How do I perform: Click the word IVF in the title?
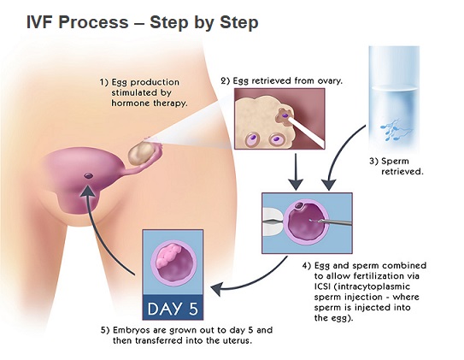click(41, 22)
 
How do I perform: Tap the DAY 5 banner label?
click(173, 309)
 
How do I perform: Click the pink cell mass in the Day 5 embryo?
click(168, 255)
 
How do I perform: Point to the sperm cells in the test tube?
click(395, 130)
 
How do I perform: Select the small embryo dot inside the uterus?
click(89, 176)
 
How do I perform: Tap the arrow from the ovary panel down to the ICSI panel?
click(296, 171)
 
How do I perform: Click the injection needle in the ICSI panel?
click(332, 221)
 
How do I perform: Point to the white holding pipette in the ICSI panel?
click(273, 221)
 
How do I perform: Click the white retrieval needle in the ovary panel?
click(307, 132)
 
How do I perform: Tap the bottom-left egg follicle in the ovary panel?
click(253, 139)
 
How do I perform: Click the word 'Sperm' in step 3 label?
click(395, 162)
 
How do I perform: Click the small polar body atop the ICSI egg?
click(299, 205)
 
